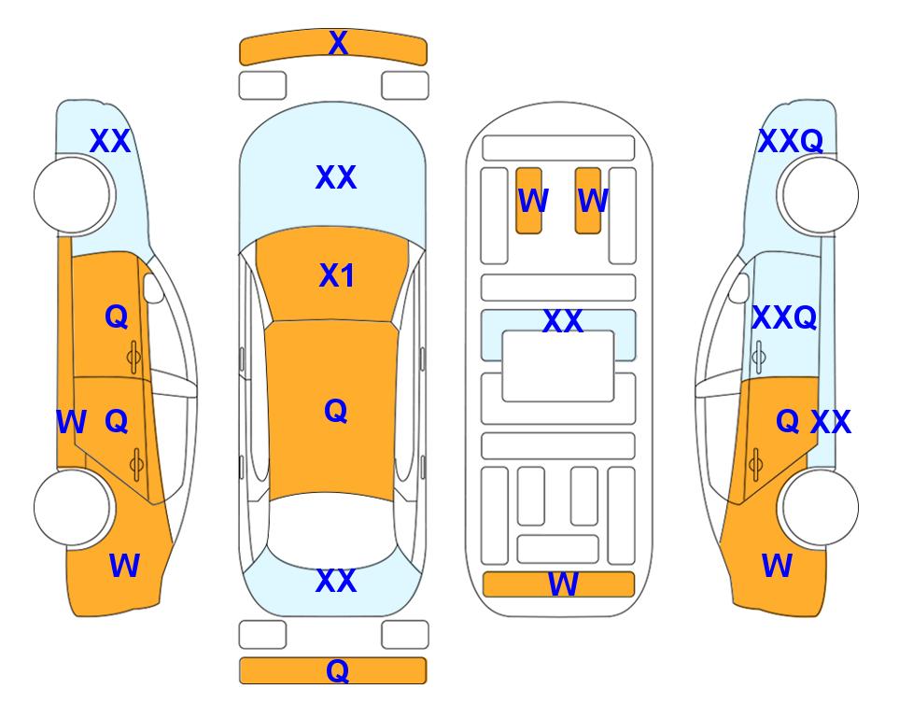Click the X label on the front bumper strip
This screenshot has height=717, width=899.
tap(338, 43)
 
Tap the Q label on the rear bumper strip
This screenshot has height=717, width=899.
tap(337, 670)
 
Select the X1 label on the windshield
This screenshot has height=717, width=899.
tap(337, 276)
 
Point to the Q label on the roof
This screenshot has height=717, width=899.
tap(336, 411)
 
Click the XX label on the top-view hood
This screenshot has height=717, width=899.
tap(336, 177)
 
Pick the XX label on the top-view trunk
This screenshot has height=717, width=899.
tap(336, 581)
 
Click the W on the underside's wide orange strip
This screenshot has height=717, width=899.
tap(563, 584)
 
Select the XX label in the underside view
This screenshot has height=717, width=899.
tap(562, 320)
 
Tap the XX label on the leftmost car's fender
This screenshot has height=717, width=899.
tap(110, 141)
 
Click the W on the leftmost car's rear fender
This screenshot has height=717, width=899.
tap(124, 566)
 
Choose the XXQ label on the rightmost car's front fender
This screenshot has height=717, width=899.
tap(791, 141)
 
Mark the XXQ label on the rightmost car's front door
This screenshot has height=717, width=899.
tap(784, 317)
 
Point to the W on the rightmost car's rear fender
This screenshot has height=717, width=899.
tap(777, 566)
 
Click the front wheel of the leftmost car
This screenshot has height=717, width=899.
tap(73, 195)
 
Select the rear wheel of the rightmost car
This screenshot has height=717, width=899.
tap(820, 507)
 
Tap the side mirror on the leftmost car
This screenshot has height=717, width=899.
tap(153, 288)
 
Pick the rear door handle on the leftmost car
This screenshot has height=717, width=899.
tap(136, 464)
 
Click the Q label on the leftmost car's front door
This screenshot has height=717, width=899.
tap(117, 316)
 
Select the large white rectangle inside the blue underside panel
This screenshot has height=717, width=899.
tap(558, 366)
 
